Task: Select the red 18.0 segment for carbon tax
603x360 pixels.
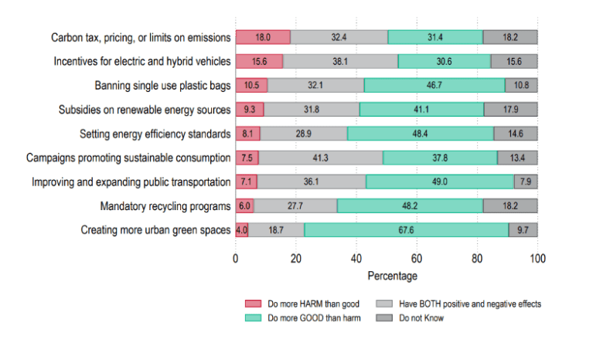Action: (263, 36)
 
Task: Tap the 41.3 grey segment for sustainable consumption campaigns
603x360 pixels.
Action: (321, 158)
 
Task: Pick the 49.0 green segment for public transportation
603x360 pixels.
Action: (440, 182)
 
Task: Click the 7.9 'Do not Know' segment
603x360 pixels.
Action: (526, 182)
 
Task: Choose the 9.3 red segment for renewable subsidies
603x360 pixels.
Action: (250, 109)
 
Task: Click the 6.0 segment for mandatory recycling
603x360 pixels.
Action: (244, 205)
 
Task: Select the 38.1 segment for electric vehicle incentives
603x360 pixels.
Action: (340, 60)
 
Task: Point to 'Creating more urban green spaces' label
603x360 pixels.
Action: (155, 230)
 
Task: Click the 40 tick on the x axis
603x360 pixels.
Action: (356, 260)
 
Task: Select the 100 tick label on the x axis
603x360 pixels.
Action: (538, 260)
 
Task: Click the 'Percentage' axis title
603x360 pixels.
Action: (387, 276)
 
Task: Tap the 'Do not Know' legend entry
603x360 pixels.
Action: (421, 318)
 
